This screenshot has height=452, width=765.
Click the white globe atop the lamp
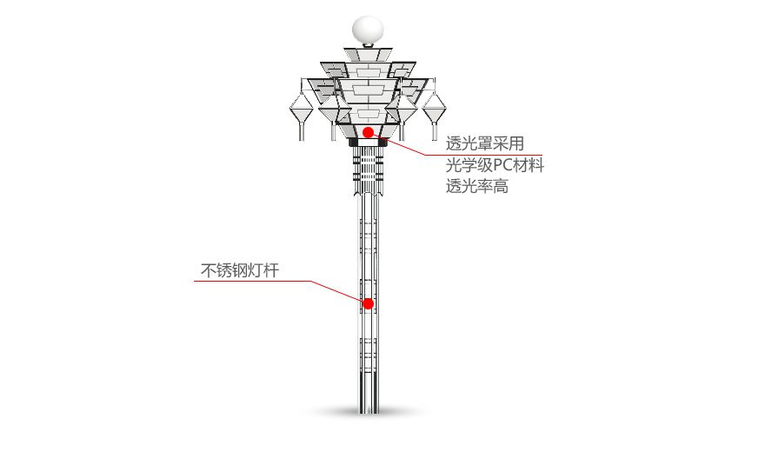366,30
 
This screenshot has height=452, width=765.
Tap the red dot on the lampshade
369,132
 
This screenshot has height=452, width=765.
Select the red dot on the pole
368,303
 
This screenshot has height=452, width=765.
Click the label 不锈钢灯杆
240,270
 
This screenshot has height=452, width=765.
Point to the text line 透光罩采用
484,144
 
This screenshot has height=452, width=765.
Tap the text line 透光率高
477,186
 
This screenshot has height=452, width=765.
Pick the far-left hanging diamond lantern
301,110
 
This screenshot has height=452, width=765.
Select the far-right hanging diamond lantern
434,110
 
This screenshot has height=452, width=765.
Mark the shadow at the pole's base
367,412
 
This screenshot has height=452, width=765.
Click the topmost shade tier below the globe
367,55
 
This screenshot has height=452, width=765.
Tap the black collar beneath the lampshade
368,143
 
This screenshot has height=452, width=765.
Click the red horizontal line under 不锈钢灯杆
252,282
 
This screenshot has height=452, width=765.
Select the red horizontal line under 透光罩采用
487,156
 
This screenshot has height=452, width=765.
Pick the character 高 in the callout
501,186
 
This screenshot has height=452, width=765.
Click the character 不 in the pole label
209,270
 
